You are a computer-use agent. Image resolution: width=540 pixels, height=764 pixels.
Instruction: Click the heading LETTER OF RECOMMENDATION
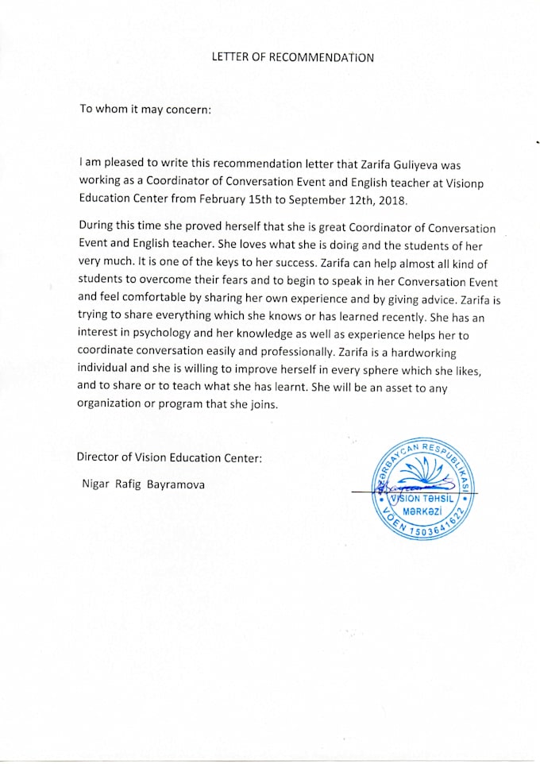tap(292, 57)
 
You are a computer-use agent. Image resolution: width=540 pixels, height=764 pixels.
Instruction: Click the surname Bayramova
tap(175, 484)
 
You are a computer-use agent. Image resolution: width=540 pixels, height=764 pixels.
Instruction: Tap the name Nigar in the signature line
tap(96, 484)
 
